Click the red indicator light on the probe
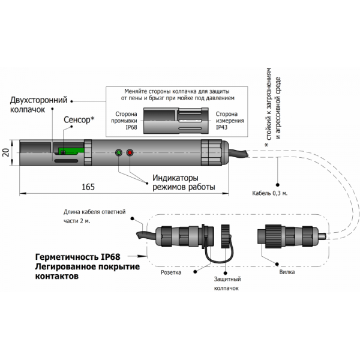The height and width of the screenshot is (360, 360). pyautogui.click(x=130, y=153)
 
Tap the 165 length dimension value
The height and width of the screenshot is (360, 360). pyautogui.click(x=88, y=187)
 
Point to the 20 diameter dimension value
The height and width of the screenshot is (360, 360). pyautogui.click(x=7, y=152)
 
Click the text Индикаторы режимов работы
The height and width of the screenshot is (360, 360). pyautogui.click(x=183, y=182)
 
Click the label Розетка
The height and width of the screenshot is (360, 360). pyautogui.click(x=171, y=271)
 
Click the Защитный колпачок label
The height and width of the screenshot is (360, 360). pyautogui.click(x=226, y=284)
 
